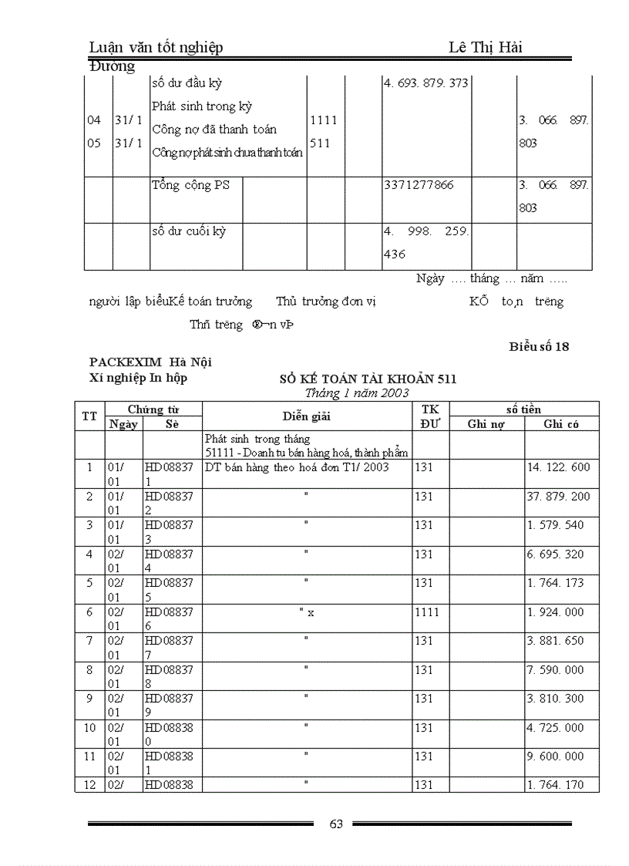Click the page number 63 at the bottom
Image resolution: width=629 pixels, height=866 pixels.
click(x=336, y=824)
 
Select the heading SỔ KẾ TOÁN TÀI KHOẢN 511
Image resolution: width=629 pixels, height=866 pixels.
click(x=368, y=379)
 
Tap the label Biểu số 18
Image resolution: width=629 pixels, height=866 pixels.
click(x=539, y=346)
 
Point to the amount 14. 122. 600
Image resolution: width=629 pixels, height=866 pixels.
click(x=558, y=467)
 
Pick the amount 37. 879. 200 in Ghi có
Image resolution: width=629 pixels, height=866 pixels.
click(x=558, y=496)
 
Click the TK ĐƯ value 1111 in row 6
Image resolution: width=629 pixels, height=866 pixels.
click(x=426, y=612)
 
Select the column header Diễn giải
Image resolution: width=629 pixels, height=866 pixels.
click(x=306, y=416)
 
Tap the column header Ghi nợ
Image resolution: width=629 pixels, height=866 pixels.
click(x=486, y=423)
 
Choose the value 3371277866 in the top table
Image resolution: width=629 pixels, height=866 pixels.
click(x=419, y=185)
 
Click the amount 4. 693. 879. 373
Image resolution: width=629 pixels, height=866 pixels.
click(x=425, y=83)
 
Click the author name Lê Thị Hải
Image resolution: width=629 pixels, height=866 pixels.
click(x=486, y=48)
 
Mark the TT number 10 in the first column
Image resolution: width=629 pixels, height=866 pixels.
click(x=89, y=727)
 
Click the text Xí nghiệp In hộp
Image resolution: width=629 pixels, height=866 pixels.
click(x=138, y=377)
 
